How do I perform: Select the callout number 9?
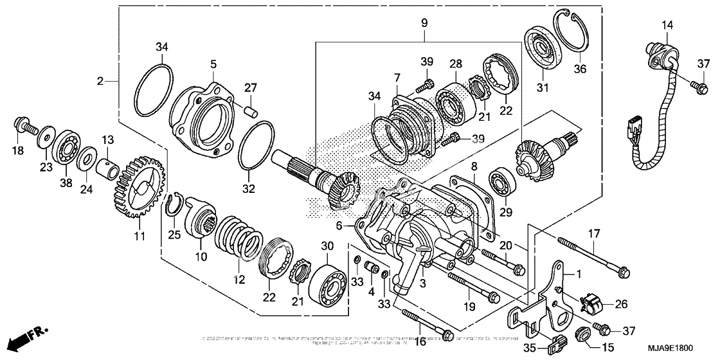(x=424, y=23)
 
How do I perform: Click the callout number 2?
(x=100, y=81)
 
